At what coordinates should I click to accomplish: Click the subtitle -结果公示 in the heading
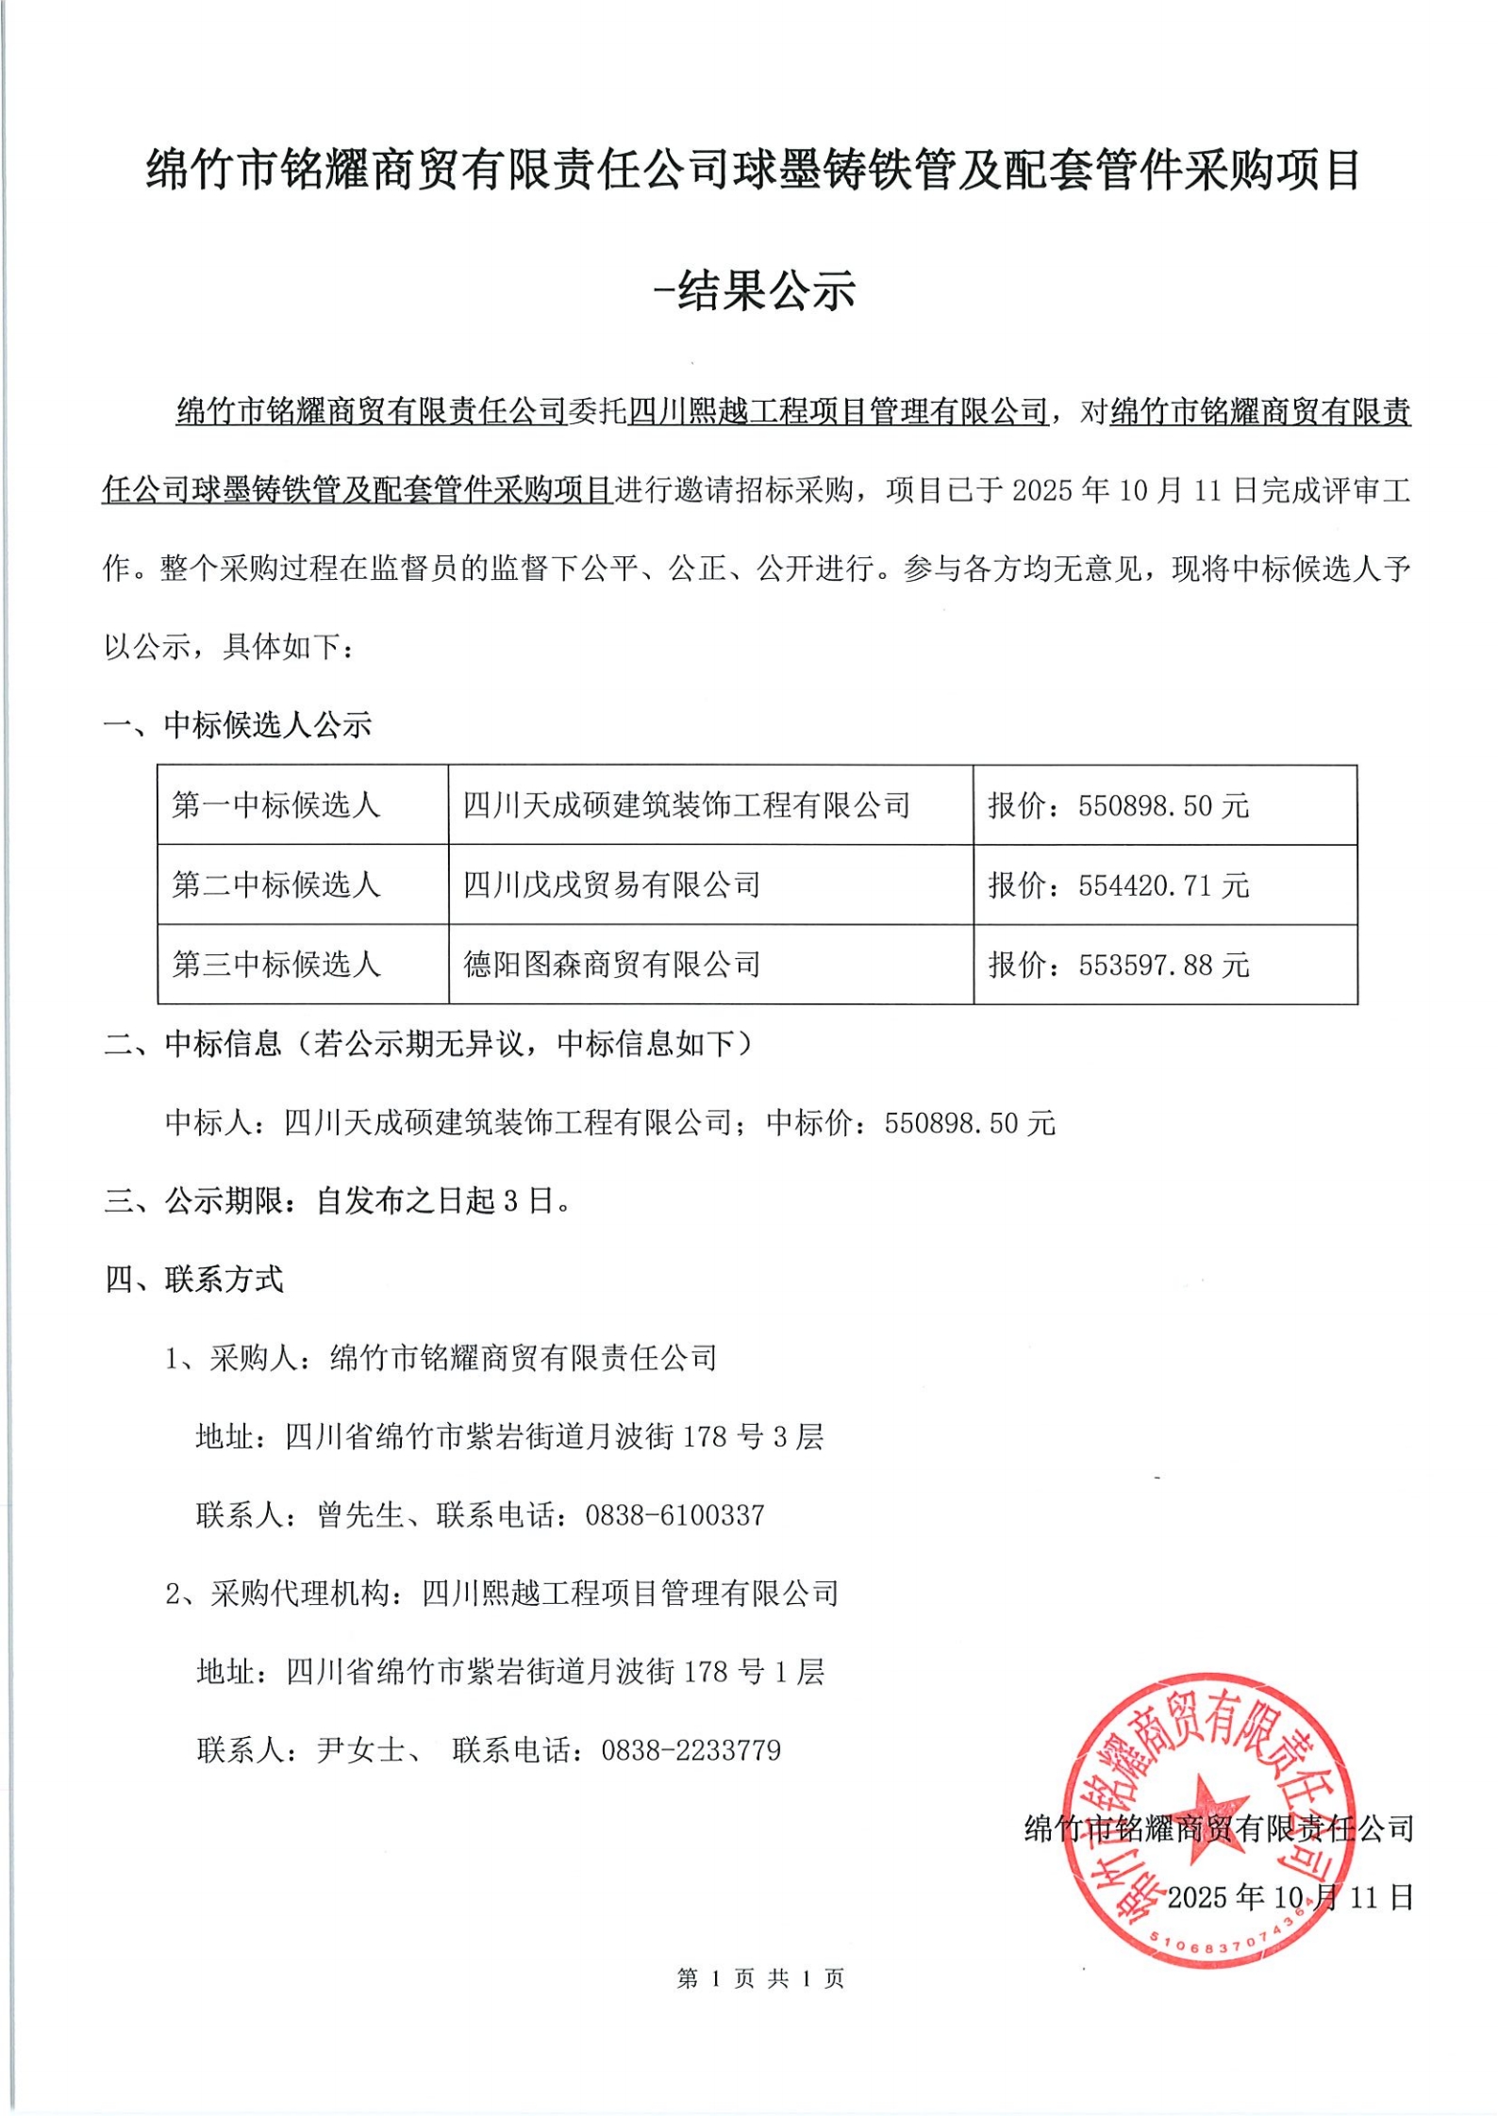(x=754, y=291)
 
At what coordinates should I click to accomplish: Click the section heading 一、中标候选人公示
(x=238, y=724)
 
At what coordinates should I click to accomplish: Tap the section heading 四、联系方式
(x=193, y=1280)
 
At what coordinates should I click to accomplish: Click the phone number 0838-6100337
(x=674, y=1515)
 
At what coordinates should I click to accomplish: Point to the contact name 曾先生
(x=360, y=1515)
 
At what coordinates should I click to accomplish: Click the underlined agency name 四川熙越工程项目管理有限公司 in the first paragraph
(x=838, y=411)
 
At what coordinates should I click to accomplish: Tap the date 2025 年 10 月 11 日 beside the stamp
(x=1290, y=1896)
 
